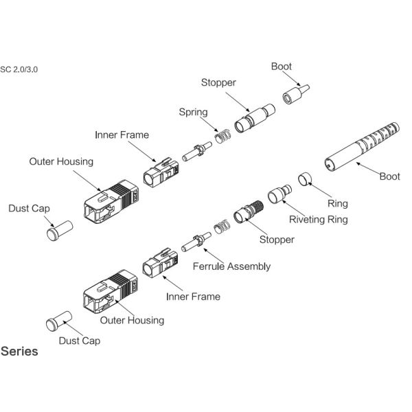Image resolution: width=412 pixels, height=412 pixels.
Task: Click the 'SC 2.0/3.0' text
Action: click(x=19, y=69)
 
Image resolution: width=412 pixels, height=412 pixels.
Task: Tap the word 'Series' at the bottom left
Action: click(x=19, y=352)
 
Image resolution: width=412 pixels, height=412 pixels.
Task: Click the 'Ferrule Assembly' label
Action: click(x=231, y=266)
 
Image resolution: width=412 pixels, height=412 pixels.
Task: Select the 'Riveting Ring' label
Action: click(x=319, y=220)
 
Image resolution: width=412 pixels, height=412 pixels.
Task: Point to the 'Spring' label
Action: click(x=194, y=112)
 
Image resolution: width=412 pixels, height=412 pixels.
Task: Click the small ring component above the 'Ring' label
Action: click(x=305, y=179)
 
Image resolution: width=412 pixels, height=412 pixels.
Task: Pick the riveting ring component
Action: click(x=279, y=194)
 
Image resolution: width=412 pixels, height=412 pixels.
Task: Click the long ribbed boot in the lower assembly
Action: click(x=362, y=147)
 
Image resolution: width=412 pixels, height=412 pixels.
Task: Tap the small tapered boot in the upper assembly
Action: click(x=296, y=94)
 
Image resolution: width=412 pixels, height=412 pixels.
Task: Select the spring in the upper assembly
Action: click(x=222, y=137)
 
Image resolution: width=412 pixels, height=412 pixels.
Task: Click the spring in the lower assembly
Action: click(x=222, y=227)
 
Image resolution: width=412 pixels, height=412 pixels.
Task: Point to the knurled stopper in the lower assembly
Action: click(x=249, y=212)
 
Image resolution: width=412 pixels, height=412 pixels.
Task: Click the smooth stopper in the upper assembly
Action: click(x=255, y=118)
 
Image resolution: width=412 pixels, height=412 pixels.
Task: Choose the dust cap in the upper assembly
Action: click(x=60, y=231)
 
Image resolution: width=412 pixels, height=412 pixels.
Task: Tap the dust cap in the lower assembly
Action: click(x=59, y=321)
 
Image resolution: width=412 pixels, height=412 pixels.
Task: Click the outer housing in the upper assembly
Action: click(x=111, y=201)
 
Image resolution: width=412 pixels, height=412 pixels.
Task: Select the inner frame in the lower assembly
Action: click(x=160, y=263)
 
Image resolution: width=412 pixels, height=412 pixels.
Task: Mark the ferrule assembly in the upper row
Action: click(x=197, y=152)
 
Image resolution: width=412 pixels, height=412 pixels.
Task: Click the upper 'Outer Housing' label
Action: click(x=61, y=161)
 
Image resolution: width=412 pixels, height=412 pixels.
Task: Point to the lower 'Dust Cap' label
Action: click(x=80, y=341)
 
